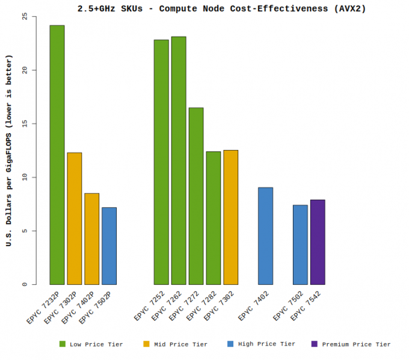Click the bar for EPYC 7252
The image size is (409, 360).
click(x=161, y=162)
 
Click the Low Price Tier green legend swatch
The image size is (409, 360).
click(x=63, y=344)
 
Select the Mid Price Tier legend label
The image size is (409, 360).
click(x=181, y=344)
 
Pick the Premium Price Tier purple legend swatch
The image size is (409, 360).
click(x=315, y=344)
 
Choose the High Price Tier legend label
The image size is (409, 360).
click(x=266, y=344)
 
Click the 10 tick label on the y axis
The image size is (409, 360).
click(x=25, y=178)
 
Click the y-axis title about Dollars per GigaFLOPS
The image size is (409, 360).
click(x=10, y=150)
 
